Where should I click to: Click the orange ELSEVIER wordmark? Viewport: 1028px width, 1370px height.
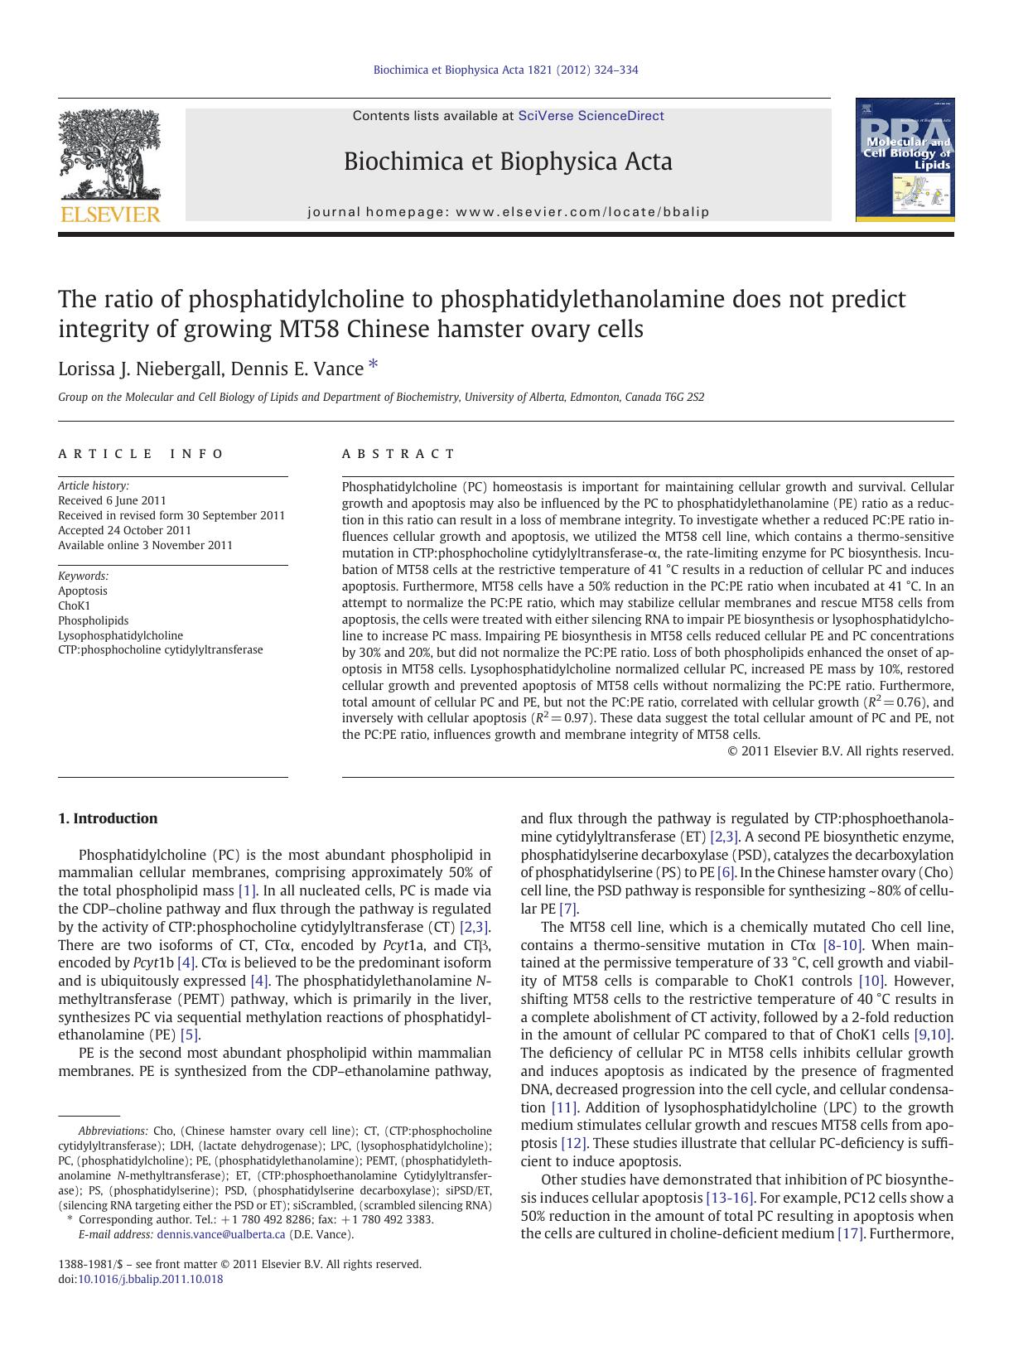click(x=109, y=215)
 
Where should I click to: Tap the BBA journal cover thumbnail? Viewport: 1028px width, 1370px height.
click(x=905, y=160)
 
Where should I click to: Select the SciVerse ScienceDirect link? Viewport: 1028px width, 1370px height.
click(x=591, y=116)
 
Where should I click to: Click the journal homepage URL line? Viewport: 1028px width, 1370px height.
click(x=509, y=212)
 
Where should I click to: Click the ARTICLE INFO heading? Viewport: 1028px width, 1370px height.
click(x=141, y=454)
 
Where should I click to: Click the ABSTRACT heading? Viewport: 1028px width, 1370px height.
click(x=398, y=454)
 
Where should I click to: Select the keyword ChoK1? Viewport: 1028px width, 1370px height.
click(x=74, y=605)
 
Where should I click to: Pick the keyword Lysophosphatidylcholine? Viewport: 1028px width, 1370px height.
click(x=120, y=635)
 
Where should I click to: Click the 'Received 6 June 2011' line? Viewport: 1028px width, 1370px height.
click(x=112, y=500)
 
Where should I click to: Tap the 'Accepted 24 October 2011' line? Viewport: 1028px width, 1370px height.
click(x=124, y=530)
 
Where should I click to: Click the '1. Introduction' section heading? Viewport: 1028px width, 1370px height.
click(x=108, y=818)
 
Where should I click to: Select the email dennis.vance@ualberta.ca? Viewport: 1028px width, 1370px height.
click(x=221, y=1234)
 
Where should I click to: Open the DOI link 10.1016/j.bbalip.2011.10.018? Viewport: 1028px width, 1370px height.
click(x=150, y=1279)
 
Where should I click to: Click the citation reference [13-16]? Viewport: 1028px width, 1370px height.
click(x=729, y=1198)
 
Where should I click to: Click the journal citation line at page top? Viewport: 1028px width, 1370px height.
click(x=505, y=70)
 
